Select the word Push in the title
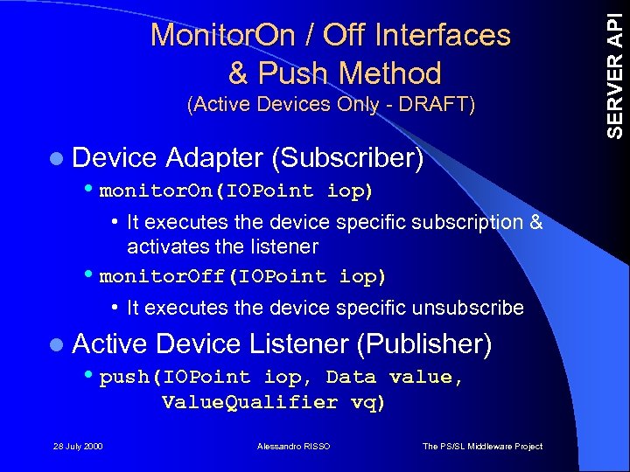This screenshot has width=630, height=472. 289,73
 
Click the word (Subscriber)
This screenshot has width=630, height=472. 347,157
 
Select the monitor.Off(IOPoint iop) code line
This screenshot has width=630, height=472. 242,276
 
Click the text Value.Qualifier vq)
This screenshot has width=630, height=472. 273,402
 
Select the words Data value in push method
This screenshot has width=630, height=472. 394,378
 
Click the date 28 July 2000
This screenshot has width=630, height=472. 77,447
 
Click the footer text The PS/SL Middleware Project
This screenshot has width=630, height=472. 482,447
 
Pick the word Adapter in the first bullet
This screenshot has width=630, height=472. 213,157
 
